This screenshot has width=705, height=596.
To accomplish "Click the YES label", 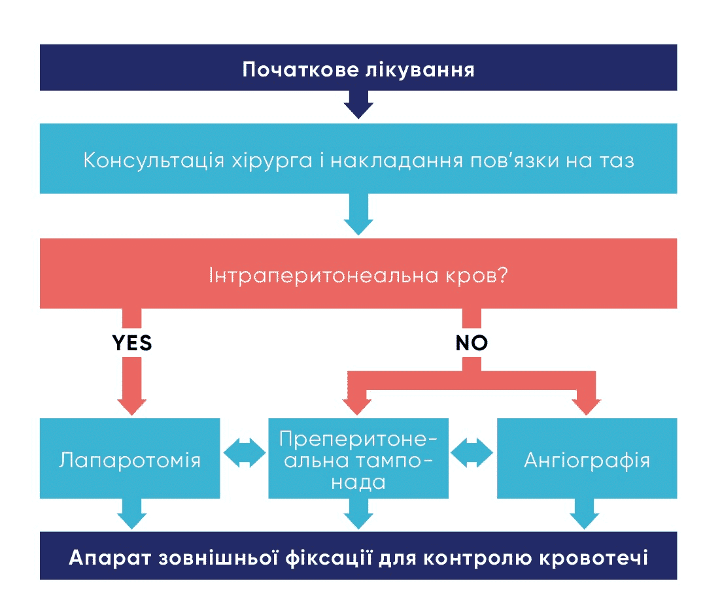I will point(131,342).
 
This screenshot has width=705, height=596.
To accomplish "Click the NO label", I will point(471,342).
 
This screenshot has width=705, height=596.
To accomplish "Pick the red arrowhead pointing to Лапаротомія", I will point(131,401).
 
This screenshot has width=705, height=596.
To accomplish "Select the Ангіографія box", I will point(587,459).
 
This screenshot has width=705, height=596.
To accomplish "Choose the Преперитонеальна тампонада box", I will point(358,459).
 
